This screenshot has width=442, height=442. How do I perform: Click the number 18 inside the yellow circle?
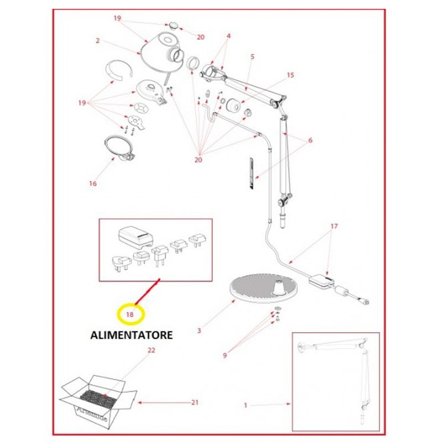(x=130, y=314)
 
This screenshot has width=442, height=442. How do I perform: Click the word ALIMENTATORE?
(x=131, y=335)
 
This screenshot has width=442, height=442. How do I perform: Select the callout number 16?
(x=93, y=183)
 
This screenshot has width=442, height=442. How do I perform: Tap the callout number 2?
(x=97, y=41)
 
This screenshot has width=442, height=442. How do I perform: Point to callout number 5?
(x=252, y=56)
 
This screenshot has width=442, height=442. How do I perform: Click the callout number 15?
(x=291, y=75)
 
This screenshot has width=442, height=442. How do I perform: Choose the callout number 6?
(x=311, y=140)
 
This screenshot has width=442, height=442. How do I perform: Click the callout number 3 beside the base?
(x=198, y=331)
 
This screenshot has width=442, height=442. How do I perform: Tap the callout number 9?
(x=225, y=355)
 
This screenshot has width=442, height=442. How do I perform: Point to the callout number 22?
(x=151, y=350)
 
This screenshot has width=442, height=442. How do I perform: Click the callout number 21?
(x=194, y=402)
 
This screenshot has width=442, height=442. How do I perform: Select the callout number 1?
(x=245, y=405)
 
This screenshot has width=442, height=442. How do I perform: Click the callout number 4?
(x=228, y=36)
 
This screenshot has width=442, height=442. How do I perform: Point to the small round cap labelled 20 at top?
(x=173, y=25)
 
